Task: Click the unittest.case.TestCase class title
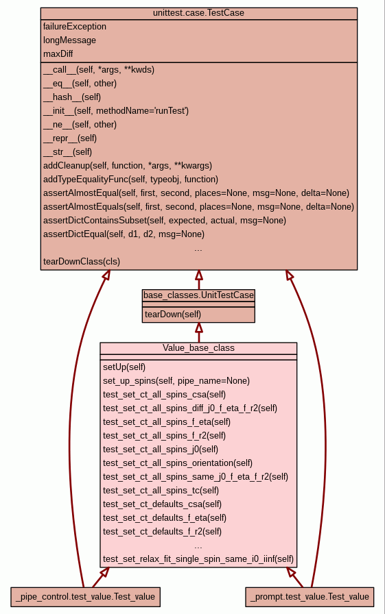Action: coord(198,13)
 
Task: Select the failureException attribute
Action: coord(75,27)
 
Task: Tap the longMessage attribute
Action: coord(69,40)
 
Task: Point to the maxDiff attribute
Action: coord(58,53)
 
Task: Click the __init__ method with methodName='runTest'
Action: coord(116,111)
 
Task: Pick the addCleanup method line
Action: coord(128,166)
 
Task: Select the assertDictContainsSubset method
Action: coord(165,221)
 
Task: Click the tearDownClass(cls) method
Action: coord(82,262)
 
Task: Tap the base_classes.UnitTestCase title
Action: coord(198,295)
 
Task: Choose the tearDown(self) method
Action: coord(173,314)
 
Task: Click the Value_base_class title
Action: coord(198,347)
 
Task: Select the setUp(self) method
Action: coord(124,367)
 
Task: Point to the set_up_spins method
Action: coord(176,380)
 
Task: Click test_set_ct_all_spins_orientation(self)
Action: coord(178,463)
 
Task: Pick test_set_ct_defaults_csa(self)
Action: coord(163,504)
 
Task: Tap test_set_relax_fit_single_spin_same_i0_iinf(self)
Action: coord(198,558)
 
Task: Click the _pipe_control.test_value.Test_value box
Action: coord(85,597)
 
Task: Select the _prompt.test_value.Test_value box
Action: coord(310,597)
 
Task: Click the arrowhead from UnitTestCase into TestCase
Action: coord(199,274)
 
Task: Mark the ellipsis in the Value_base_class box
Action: coord(198,546)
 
